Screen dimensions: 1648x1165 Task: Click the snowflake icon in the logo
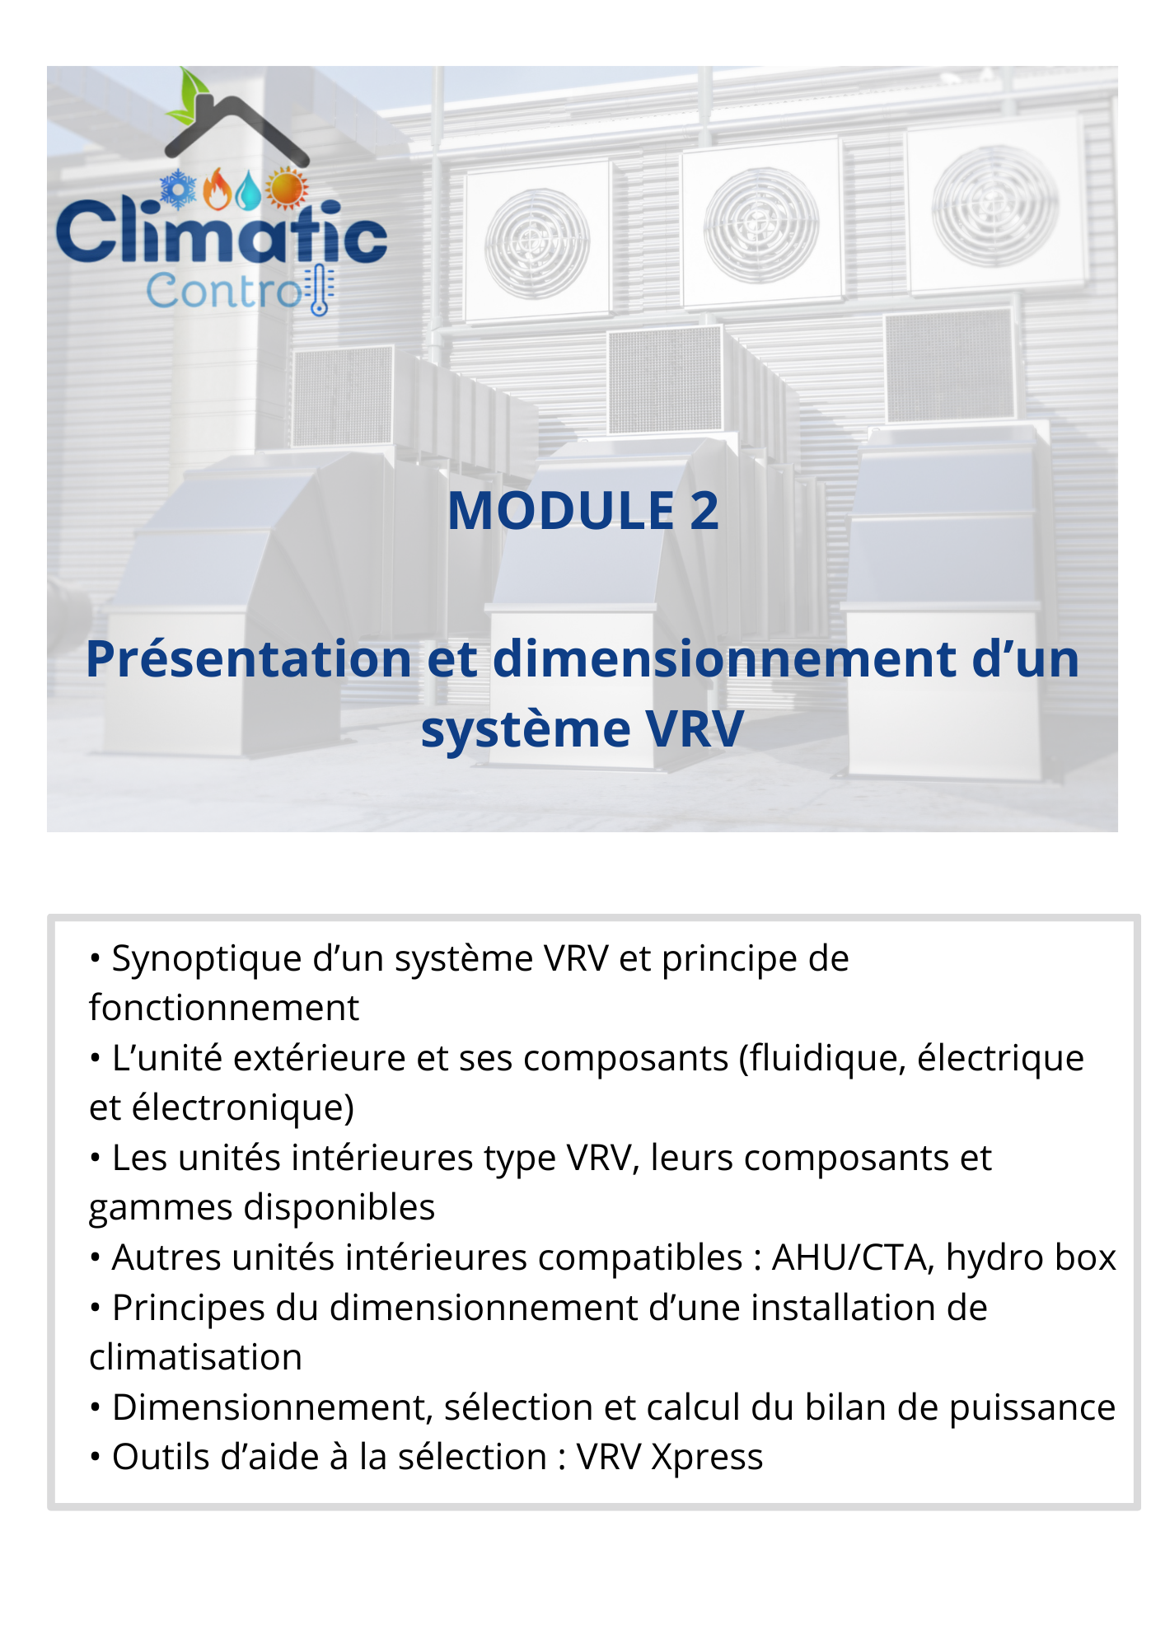178,189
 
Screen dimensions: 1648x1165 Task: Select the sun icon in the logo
286,188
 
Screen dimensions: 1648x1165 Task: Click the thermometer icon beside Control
320,291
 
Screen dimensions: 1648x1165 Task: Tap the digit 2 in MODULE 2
704,511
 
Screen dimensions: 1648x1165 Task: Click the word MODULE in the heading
561,511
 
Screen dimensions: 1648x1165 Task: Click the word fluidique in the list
824,1058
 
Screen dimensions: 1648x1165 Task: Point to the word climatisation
195,1357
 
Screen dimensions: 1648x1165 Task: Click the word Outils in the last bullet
161,1458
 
